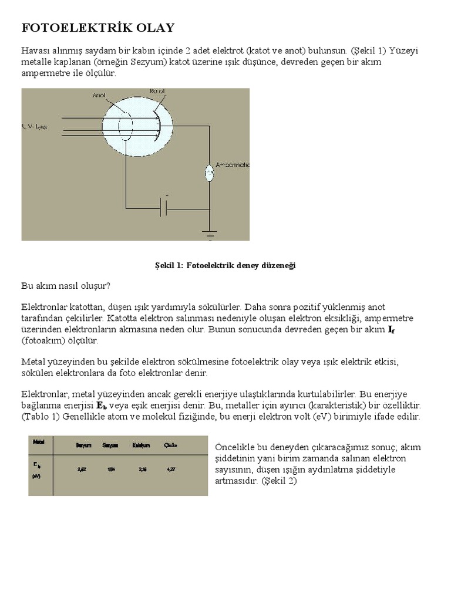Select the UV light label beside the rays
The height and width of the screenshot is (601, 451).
coord(35,127)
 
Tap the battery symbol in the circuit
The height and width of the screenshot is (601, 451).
coord(166,207)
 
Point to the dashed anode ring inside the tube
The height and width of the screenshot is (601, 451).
coord(124,126)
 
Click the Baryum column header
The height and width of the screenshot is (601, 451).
coord(83,446)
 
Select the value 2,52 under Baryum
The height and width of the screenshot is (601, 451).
coord(83,468)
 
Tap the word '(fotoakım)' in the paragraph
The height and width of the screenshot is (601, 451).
coord(43,340)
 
